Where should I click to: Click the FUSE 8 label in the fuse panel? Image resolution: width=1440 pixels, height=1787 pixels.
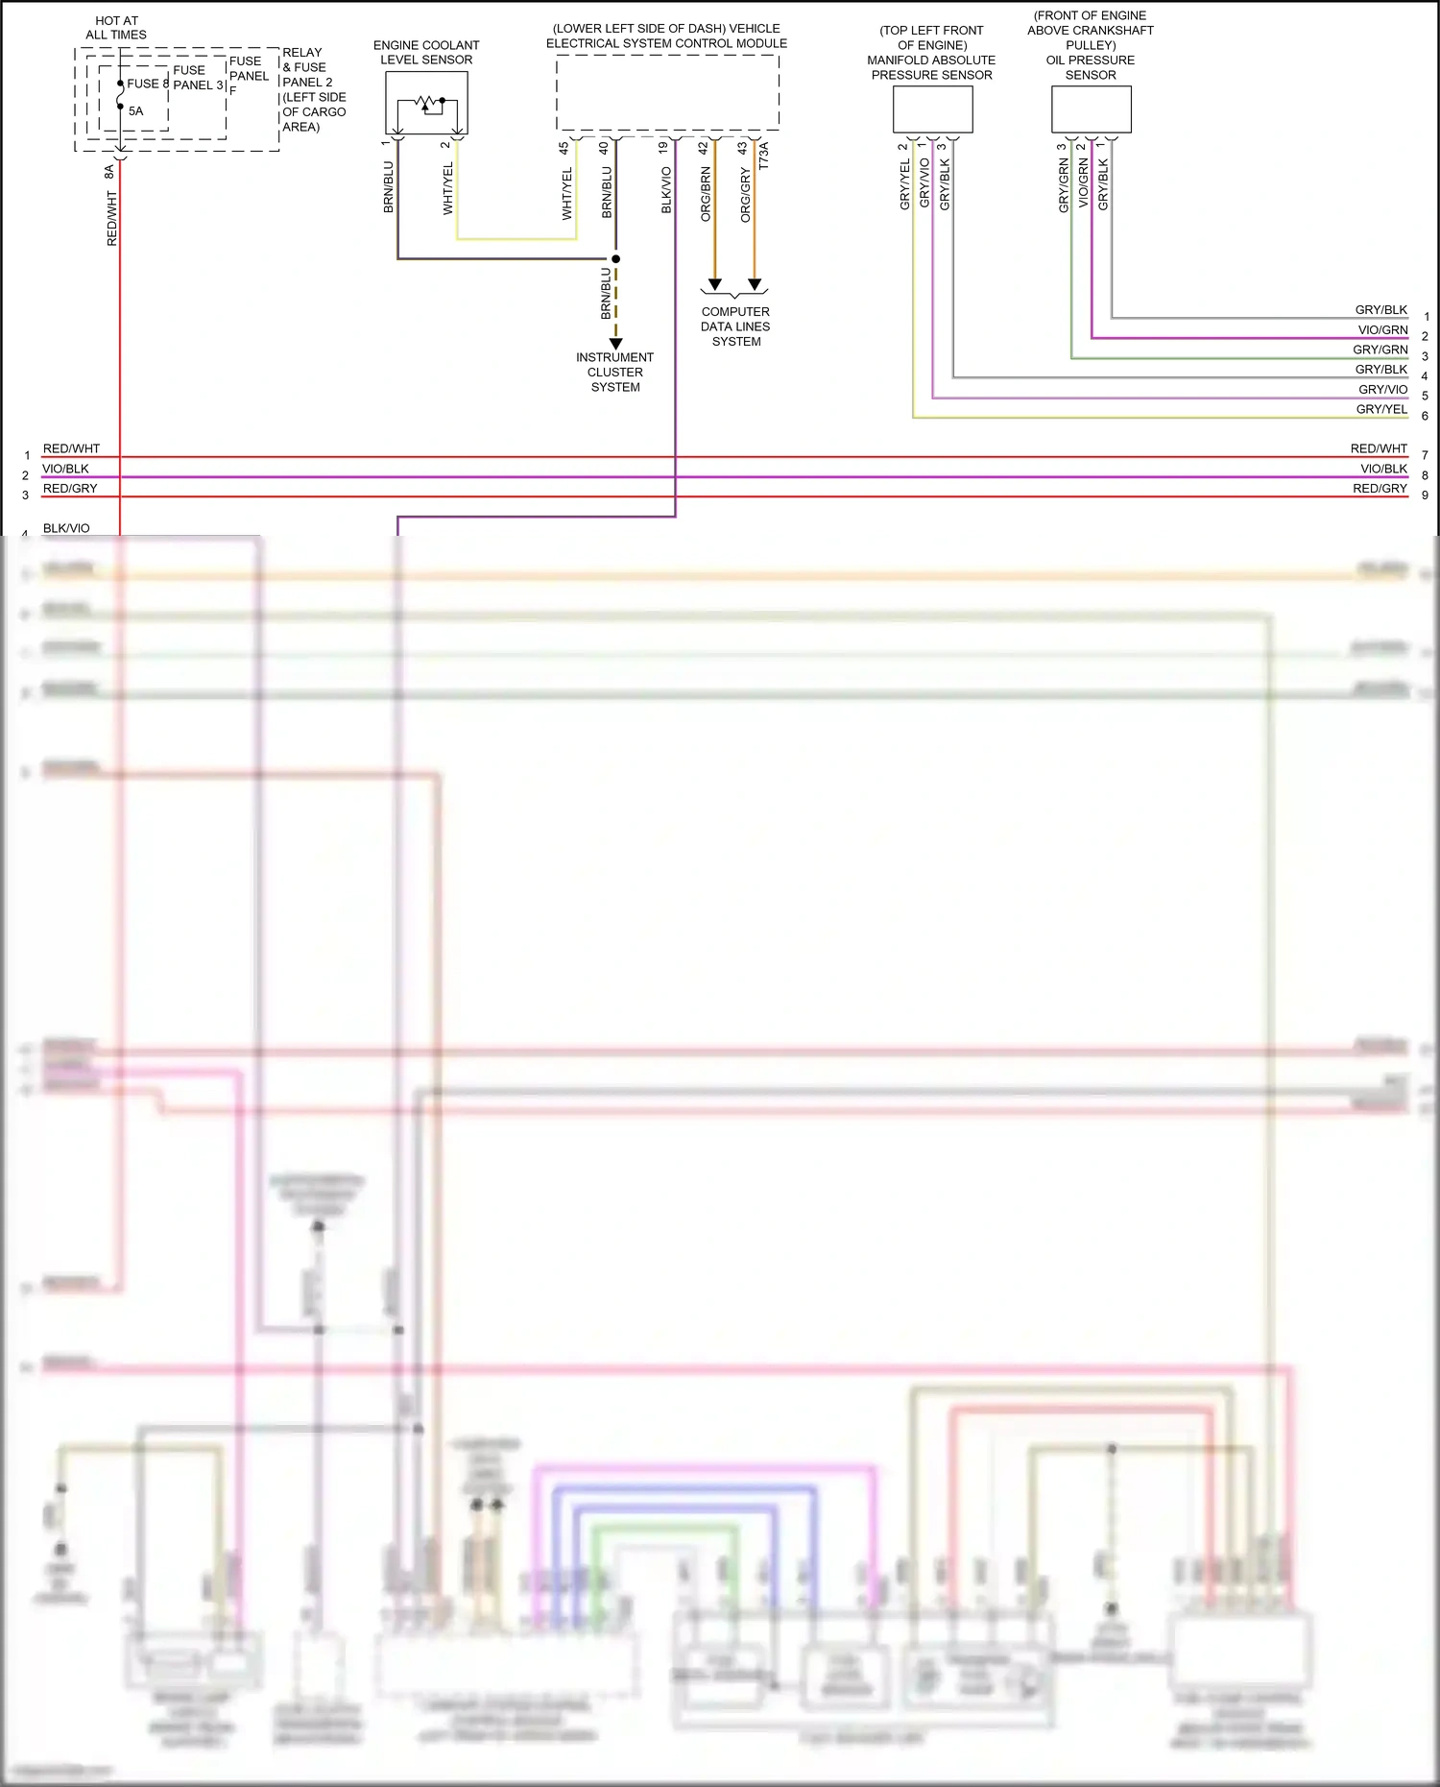point(147,84)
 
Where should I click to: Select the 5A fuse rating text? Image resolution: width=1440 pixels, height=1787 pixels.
point(135,111)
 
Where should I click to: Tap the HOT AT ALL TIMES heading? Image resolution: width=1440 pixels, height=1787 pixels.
point(116,27)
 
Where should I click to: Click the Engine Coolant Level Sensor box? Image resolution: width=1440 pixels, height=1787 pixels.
point(426,103)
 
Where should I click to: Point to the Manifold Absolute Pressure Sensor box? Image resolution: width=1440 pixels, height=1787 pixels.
point(932,109)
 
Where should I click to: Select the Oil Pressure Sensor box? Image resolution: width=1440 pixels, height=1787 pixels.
point(1091,109)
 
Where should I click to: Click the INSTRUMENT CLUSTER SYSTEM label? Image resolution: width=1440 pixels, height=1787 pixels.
point(614,372)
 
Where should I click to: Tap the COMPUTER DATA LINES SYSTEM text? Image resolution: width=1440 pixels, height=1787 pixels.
point(735,326)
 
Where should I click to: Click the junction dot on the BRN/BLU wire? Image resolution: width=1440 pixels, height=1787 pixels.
point(616,258)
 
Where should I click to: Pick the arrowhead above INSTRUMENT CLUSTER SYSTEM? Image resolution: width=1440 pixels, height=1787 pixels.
point(616,343)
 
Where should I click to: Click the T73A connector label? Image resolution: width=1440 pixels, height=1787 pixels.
point(764,157)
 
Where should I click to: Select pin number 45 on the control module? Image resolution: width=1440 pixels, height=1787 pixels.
point(564,148)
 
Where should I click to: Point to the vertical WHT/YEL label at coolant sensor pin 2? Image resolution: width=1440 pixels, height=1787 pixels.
point(448,188)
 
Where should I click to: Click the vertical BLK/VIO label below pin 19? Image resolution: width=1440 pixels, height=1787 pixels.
point(666,190)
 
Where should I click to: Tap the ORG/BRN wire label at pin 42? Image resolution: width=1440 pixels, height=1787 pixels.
point(706,194)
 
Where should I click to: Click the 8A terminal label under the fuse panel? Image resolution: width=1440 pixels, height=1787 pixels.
point(109,172)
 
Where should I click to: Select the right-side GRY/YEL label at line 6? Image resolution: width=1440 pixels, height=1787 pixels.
point(1380,409)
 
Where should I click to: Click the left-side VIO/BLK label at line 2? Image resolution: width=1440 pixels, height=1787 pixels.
point(65,469)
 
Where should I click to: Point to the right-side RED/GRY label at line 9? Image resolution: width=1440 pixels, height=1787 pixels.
point(1379,489)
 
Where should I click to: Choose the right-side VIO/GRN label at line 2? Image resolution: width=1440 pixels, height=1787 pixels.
point(1381,329)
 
